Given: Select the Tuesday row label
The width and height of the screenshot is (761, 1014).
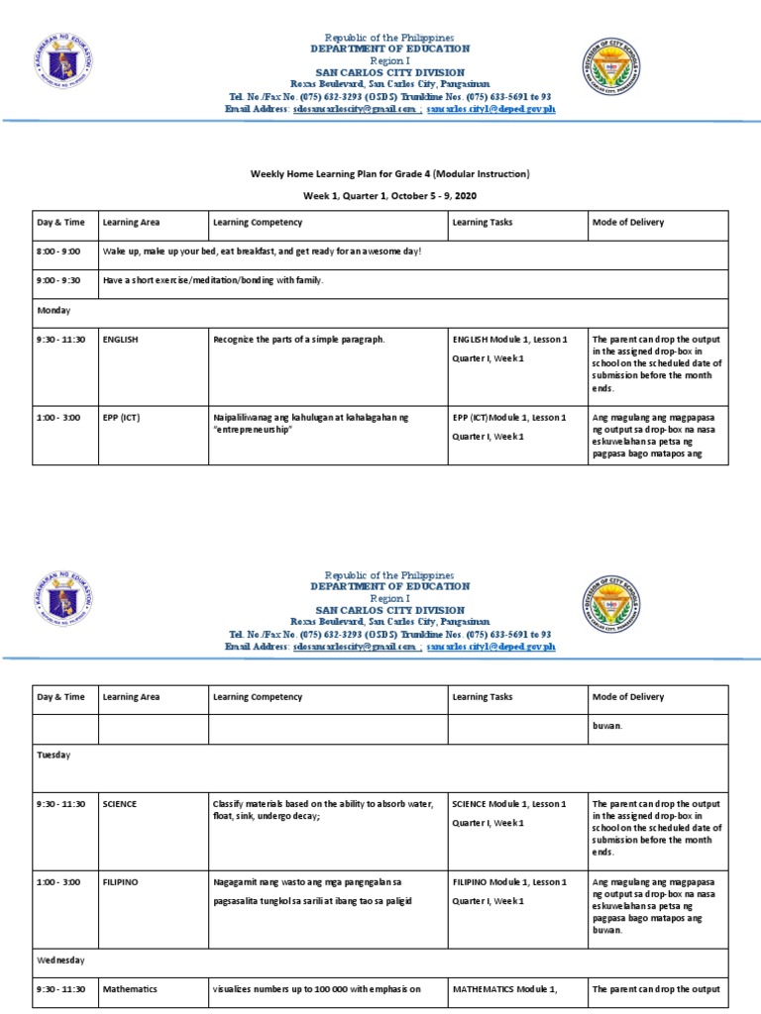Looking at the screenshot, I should pyautogui.click(x=54, y=754).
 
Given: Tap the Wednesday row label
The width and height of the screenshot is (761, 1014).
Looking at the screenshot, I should pyautogui.click(x=60, y=960).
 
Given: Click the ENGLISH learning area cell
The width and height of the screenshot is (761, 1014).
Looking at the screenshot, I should pyautogui.click(x=120, y=340).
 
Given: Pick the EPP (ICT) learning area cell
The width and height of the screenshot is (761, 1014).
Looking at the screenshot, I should pyautogui.click(x=122, y=417).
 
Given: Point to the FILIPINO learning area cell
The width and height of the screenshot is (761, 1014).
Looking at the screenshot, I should pyautogui.click(x=120, y=880).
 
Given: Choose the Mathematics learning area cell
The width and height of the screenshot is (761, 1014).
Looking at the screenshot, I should pyautogui.click(x=130, y=988).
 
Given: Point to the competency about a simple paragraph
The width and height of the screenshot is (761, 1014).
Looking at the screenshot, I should pyautogui.click(x=298, y=340).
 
